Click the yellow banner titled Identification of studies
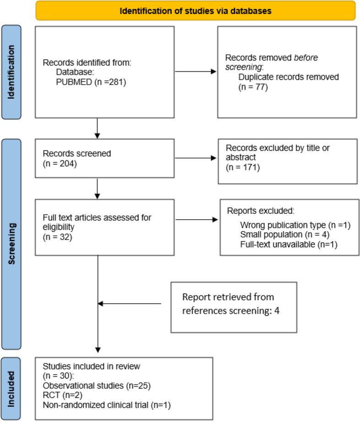point(196,11)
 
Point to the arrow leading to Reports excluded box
point(197,220)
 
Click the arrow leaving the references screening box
point(130,303)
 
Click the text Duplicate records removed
point(289,77)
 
